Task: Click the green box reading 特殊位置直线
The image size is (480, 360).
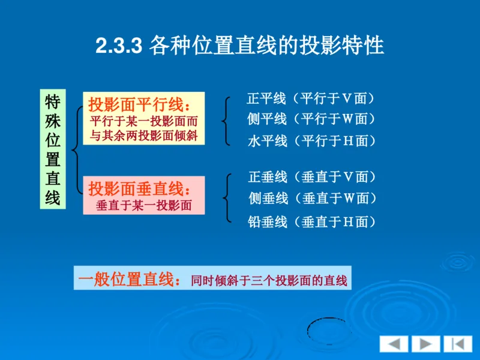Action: pos(53,149)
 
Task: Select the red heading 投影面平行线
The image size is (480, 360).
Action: pos(139,103)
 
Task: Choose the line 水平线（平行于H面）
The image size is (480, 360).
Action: pos(311,141)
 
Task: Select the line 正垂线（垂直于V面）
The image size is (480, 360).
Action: pos(312,177)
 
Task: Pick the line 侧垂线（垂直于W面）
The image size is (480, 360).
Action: pos(313,199)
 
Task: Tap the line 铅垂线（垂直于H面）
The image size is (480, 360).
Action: pos(312,222)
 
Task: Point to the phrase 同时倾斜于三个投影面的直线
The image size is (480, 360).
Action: pos(269,280)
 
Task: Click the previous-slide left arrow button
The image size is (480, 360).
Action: pos(394,344)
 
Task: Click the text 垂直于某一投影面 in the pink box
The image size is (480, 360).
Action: pos(144,205)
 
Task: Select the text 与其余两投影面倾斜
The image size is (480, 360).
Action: pos(143,135)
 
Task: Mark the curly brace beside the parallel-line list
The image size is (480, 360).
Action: pos(226,120)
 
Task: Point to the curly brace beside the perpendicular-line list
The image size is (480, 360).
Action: pos(226,198)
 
